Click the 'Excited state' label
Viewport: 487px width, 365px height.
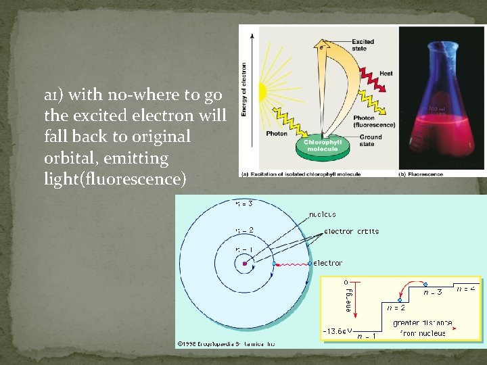coord(363,45)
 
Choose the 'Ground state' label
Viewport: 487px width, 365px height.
coord(370,140)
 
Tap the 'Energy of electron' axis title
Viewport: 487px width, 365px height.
coord(244,88)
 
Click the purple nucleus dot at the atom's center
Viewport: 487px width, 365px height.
coord(243,264)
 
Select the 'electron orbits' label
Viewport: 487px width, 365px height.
coord(352,231)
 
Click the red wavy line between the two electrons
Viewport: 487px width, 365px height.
coord(292,263)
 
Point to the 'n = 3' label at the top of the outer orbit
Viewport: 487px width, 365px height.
coord(243,203)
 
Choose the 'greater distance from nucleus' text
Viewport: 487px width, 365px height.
coord(423,328)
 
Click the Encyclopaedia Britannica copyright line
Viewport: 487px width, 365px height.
coord(227,343)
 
